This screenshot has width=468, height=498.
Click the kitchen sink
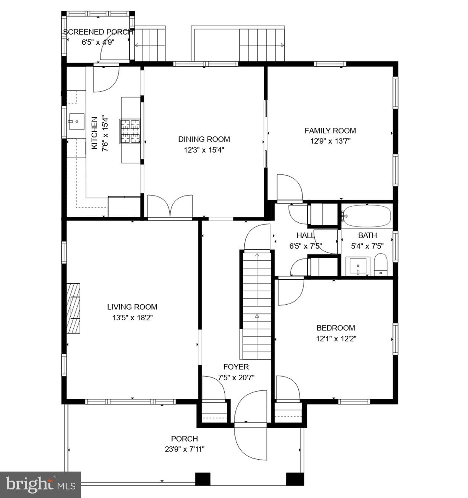coord(76,121)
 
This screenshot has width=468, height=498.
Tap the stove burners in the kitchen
coord(130,131)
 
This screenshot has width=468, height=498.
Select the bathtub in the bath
coord(367,216)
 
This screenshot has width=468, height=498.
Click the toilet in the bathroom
coord(380,264)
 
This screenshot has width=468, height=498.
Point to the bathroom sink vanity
coord(358,266)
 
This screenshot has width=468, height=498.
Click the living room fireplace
coord(73,308)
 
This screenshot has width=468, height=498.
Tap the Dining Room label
coord(204,139)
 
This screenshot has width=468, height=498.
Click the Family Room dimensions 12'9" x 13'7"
coord(330,141)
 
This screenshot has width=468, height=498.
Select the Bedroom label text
coord(336,328)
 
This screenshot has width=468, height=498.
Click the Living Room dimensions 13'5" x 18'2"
coord(132,318)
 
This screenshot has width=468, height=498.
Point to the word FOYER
coord(236,367)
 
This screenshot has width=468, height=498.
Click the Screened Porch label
coord(98,32)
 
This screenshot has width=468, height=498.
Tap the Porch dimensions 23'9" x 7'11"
coord(185,449)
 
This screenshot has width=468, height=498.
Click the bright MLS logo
coord(40,485)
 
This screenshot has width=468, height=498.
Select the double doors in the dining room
coord(170,206)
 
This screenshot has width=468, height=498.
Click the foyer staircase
coord(257,305)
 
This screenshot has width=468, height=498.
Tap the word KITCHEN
coord(94,133)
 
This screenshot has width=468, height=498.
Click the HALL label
coord(305,235)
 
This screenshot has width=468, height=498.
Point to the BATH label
coord(367,235)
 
